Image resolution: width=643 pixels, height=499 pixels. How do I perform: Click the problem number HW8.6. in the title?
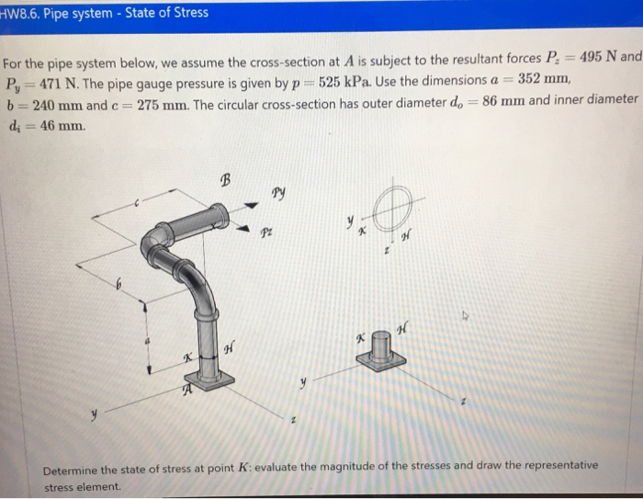pos(28,13)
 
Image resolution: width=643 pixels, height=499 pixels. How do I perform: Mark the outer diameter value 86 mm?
pos(511,100)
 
